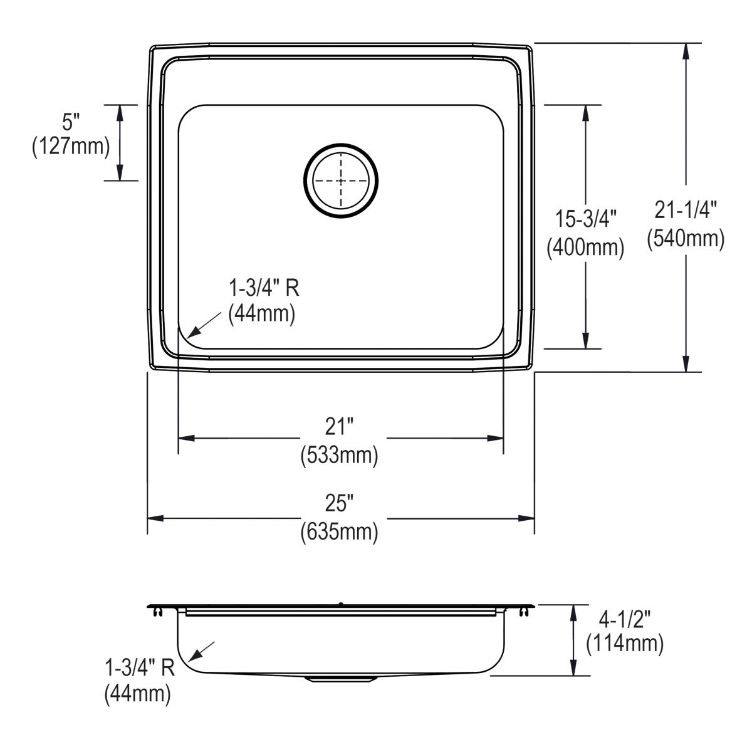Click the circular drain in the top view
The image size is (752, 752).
341,180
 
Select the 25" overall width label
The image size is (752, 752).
340,503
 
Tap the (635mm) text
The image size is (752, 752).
340,532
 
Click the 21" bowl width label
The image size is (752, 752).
340,427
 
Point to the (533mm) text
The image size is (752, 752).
340,455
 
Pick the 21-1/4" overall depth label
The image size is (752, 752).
686,211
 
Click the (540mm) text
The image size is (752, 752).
686,238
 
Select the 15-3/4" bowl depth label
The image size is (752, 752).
586,219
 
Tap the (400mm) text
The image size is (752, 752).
586,248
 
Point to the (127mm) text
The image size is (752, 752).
71,147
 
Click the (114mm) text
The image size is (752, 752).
625,644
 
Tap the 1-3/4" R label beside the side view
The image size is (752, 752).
140,669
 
